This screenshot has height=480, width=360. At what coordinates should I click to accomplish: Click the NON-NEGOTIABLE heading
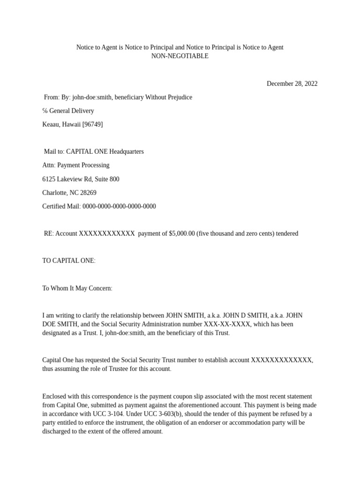[180, 56]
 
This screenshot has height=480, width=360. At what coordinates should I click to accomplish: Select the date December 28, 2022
[292, 84]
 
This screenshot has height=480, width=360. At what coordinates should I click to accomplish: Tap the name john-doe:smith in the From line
[92, 97]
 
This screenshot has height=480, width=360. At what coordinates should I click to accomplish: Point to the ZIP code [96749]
[93, 125]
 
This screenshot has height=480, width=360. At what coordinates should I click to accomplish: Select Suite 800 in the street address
[106, 179]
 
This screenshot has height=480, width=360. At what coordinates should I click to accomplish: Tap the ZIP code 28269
[88, 193]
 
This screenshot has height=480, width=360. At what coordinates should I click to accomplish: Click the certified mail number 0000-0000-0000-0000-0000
[119, 206]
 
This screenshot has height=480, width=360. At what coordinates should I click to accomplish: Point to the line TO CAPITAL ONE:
[69, 261]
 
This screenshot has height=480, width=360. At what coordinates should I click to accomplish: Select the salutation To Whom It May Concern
[77, 288]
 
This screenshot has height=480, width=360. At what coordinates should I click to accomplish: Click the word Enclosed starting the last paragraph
[54, 397]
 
